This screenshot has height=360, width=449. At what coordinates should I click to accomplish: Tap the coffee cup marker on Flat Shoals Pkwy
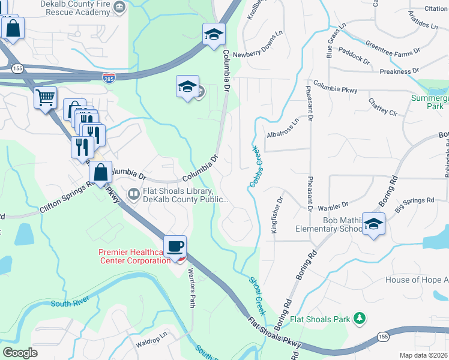175,247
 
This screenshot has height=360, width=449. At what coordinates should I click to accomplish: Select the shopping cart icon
46,98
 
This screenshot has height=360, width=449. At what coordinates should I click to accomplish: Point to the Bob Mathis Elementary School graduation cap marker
374,225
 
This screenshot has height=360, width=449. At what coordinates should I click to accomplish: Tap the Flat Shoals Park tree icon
360,318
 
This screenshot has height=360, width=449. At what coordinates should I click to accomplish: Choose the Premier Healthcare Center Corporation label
134,256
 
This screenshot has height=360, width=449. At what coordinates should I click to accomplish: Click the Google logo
20,353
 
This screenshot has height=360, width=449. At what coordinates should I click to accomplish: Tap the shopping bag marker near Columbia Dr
101,173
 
